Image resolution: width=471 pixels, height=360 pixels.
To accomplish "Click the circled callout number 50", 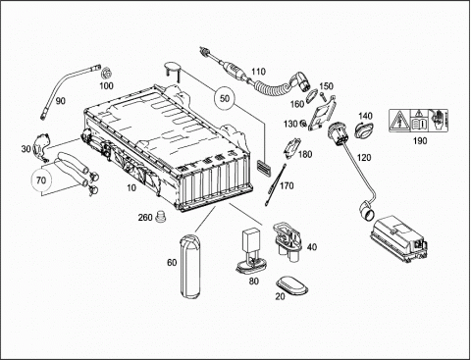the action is tap(225, 98).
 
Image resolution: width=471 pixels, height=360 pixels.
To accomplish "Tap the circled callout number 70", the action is tap(41, 180).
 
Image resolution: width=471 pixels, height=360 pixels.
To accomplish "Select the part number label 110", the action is tap(258, 72).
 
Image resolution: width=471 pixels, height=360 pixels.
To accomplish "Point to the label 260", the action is tap(145, 217).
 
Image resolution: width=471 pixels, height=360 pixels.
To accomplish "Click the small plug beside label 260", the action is tap(160, 217).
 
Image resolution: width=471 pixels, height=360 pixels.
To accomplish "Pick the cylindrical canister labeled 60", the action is tap(189, 266).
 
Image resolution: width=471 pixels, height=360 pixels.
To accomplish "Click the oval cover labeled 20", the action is tap(292, 285).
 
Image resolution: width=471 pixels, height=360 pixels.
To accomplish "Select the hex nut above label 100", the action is tap(106, 74).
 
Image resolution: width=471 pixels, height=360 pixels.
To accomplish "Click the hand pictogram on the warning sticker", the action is tap(439, 121).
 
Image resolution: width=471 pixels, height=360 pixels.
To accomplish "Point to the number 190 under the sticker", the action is tap(420, 141).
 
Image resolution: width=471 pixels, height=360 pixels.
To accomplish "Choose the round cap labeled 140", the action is tap(363, 129).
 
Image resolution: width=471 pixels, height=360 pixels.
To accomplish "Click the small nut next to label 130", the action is tap(303, 124).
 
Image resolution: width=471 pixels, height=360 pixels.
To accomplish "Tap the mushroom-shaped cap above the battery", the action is tap(173, 70).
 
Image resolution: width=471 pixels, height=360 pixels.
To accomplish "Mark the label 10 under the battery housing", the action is tap(131, 188).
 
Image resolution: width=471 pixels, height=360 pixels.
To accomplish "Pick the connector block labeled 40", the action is tap(288, 240).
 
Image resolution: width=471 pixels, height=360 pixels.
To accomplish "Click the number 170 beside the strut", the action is tap(287, 186).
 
